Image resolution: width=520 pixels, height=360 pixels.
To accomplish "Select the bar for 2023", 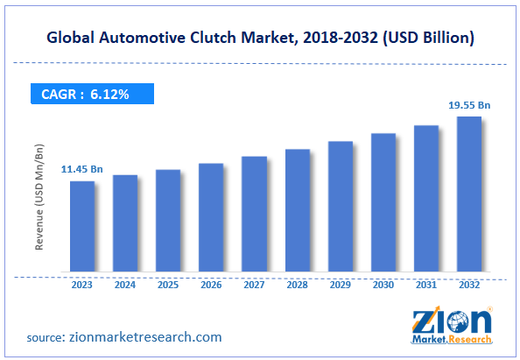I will pyautogui.click(x=82, y=227).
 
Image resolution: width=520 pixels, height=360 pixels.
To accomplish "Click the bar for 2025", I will pyautogui.click(x=168, y=221).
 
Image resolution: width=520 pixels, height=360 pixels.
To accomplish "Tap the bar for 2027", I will pyautogui.click(x=254, y=215).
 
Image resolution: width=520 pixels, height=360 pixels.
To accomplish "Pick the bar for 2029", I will pyautogui.click(x=340, y=207).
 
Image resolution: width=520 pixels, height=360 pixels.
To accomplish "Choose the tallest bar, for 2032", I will pyautogui.click(x=469, y=194).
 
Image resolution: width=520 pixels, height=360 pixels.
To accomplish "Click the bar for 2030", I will pyautogui.click(x=383, y=203).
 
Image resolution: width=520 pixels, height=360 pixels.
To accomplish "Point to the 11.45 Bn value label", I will pyautogui.click(x=81, y=168).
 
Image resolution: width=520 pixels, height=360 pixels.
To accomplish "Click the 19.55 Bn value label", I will pyautogui.click(x=469, y=105).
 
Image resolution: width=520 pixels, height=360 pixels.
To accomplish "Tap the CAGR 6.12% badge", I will pyautogui.click(x=91, y=93).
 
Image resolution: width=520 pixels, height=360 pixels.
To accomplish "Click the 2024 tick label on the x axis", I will pyautogui.click(x=125, y=284).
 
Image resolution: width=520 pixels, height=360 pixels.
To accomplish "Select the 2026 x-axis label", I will pyautogui.click(x=211, y=284).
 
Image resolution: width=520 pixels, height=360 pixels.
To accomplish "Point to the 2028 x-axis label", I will pyautogui.click(x=297, y=284).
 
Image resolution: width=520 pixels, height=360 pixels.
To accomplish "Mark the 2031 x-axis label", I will pyautogui.click(x=426, y=284).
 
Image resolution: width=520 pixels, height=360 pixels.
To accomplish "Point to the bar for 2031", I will pyautogui.click(x=426, y=199).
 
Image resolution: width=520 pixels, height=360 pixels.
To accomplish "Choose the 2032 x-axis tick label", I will pyautogui.click(x=469, y=284).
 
